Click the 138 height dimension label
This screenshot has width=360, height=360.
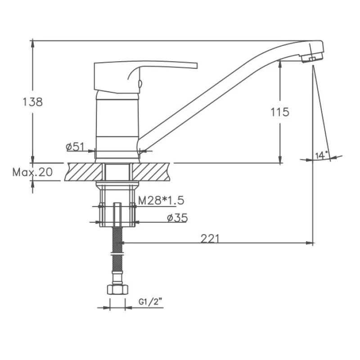point(32,102)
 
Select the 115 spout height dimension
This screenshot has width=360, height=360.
point(280,112)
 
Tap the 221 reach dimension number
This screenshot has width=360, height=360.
point(210,238)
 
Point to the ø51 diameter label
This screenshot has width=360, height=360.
point(75,147)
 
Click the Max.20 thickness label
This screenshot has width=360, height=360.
point(32,172)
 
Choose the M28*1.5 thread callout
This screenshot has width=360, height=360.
point(161,200)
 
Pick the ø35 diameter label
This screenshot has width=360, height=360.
point(177,218)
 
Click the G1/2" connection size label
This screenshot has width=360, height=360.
point(150,302)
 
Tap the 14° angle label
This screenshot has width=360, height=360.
point(321,155)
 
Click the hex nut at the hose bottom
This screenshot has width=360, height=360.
point(117,289)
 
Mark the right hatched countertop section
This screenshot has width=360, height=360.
point(150,172)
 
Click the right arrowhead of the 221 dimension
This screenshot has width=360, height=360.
point(310,243)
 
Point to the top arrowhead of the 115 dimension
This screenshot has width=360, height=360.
point(280,63)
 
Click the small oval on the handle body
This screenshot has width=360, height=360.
point(140,83)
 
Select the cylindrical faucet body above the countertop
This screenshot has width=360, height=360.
point(117,126)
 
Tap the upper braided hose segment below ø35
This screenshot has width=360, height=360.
point(117,240)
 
